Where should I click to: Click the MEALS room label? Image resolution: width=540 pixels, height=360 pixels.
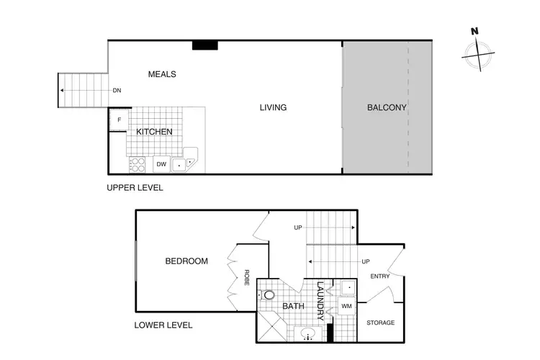[162, 74]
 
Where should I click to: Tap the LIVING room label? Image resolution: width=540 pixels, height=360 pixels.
[273, 108]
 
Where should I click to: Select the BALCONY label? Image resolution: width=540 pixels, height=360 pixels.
[387, 108]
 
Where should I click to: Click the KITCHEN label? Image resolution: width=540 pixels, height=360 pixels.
[155, 132]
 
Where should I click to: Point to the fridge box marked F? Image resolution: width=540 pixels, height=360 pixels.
[118, 120]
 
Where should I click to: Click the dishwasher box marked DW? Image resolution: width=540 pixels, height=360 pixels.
[161, 165]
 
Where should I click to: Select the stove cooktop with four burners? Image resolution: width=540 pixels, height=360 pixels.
[137, 165]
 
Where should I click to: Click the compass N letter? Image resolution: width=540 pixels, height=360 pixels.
[474, 32]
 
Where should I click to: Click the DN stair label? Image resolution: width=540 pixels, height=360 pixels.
[116, 91]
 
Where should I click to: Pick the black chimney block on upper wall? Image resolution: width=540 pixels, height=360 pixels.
[205, 45]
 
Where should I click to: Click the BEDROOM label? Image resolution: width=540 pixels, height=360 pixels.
[186, 261]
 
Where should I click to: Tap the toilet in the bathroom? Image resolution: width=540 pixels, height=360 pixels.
[269, 295]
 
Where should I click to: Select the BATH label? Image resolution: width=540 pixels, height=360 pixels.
[293, 306]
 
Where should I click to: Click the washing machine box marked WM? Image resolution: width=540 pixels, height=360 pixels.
[346, 306]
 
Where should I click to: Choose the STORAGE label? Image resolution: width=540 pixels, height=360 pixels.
[381, 323]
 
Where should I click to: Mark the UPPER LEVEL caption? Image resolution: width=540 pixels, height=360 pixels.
[135, 188]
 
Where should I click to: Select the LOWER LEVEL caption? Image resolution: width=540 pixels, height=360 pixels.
[163, 325]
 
